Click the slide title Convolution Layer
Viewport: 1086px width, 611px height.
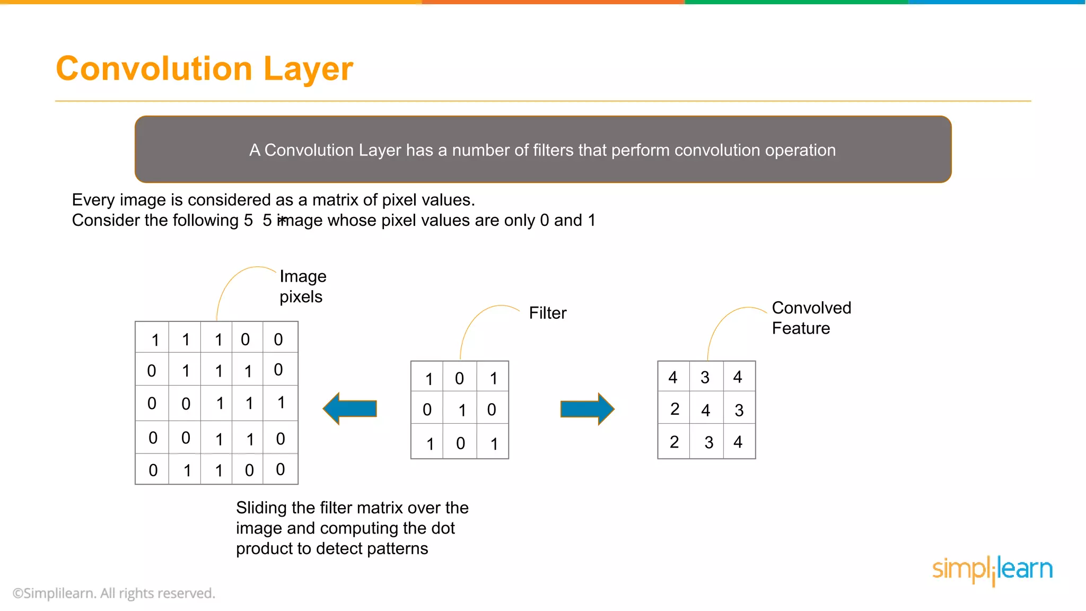204,68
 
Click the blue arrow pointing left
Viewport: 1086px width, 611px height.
350,408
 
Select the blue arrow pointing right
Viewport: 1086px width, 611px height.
587,409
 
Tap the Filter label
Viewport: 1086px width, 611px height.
547,313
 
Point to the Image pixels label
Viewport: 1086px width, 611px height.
302,286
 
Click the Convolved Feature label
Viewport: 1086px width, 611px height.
811,318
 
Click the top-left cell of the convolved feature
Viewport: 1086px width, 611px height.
673,377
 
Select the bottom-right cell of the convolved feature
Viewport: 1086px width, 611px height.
739,442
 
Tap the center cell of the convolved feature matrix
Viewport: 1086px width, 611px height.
706,409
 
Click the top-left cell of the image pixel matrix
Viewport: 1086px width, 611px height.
153,338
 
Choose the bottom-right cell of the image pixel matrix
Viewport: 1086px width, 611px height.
281,469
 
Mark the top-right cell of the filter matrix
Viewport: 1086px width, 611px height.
493,378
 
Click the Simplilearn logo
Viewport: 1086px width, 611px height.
992,570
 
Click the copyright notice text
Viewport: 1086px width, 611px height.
113,593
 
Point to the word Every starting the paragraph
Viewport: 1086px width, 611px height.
93,200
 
